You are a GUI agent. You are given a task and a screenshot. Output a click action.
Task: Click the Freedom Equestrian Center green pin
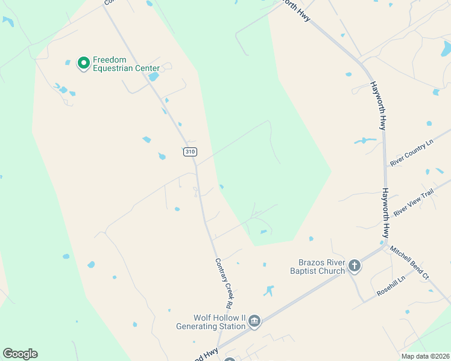click(x=84, y=63)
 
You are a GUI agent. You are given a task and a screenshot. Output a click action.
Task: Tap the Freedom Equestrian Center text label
click(x=126, y=64)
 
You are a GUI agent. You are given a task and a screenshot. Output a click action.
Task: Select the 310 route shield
click(x=190, y=152)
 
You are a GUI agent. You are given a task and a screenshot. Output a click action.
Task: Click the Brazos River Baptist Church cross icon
click(x=355, y=266)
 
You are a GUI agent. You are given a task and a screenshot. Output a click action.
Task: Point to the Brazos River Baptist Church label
click(x=322, y=267)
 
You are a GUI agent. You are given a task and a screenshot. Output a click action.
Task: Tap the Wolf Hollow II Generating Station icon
click(x=254, y=322)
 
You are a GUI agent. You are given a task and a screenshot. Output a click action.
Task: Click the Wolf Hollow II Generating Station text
click(x=211, y=322)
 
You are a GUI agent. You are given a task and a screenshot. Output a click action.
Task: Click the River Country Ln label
click(x=412, y=153)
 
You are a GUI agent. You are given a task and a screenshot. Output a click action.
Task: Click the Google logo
click(x=20, y=354)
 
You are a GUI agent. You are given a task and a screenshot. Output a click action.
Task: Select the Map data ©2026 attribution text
click(x=425, y=356)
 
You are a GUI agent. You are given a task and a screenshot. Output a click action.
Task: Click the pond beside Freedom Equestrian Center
click(x=153, y=77)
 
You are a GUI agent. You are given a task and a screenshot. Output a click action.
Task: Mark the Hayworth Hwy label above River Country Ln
click(x=378, y=106)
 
